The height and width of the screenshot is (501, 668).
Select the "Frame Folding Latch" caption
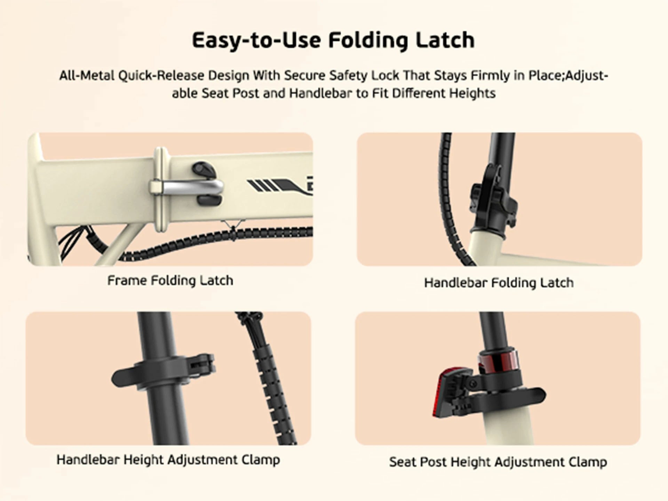tap(170, 280)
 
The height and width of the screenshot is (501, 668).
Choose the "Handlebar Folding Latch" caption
tap(499, 283)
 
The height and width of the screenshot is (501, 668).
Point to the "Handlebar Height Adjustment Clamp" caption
tap(168, 460)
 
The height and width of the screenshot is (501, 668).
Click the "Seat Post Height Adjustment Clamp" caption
tap(498, 462)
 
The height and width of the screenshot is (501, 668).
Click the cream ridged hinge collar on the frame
tap(161, 190)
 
